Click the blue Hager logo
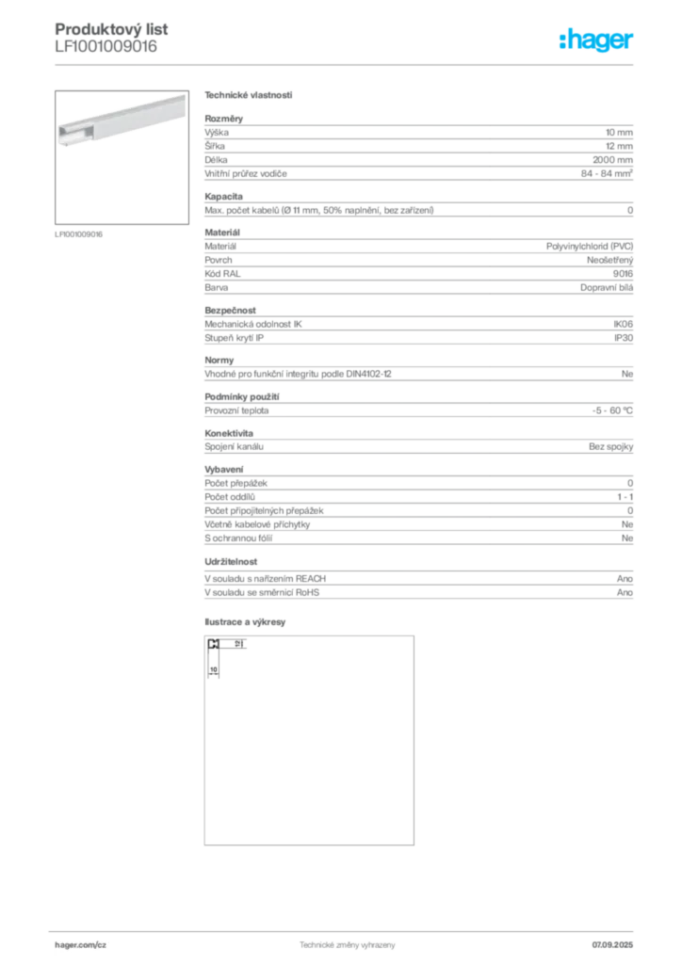click(597, 40)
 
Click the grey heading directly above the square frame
click(248, 621)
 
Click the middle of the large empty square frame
click(309, 742)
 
